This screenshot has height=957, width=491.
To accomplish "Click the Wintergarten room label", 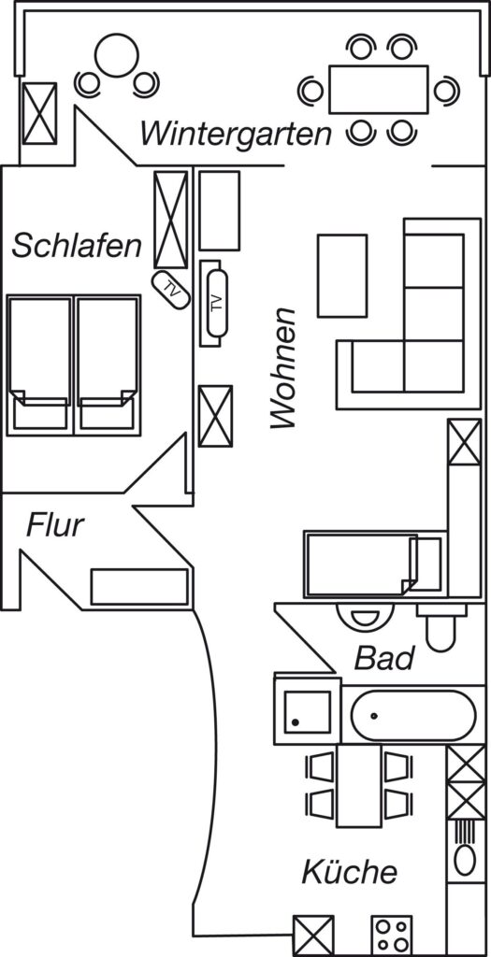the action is click(236, 135).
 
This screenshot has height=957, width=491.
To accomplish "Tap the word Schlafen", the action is click(77, 246).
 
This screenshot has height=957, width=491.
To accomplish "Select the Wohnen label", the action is click(282, 368).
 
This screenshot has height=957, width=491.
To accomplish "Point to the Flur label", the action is click(54, 525).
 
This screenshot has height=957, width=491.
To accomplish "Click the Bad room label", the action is click(384, 659).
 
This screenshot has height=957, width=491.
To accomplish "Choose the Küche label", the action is click(350, 872).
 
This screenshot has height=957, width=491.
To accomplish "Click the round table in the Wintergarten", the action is click(117, 55).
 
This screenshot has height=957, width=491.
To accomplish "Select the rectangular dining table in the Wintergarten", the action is click(379, 89).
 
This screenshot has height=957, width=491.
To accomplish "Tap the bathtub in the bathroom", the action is click(413, 715).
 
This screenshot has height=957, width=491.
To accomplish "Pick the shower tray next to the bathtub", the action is click(308, 711).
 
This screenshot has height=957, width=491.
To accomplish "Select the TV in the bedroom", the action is click(170, 289).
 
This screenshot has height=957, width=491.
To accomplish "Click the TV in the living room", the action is click(216, 303).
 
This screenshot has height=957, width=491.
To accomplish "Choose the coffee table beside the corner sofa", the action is click(342, 276).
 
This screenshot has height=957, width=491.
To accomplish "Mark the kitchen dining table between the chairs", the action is click(359, 785).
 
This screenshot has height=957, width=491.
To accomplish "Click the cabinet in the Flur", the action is click(139, 587).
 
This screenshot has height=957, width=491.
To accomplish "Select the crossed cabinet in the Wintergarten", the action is click(39, 113).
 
